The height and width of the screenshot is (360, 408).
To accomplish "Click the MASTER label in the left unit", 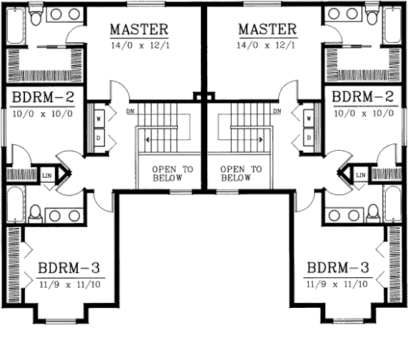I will coord(139,30).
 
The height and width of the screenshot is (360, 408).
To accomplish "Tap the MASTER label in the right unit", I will coord(267,30).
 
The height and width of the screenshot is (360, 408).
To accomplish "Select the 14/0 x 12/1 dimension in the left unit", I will coord(139,46).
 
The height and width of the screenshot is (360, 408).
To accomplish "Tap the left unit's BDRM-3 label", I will coord(69,269).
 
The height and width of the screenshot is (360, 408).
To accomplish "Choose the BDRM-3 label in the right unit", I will coord(337,269).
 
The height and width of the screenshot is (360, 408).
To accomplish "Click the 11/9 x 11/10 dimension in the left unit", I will coord(69,284).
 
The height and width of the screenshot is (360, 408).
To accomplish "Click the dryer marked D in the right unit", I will coord(309,136).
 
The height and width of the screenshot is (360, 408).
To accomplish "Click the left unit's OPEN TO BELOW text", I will coord(166,174).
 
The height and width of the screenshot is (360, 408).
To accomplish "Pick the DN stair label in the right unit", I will coord(276,111).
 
